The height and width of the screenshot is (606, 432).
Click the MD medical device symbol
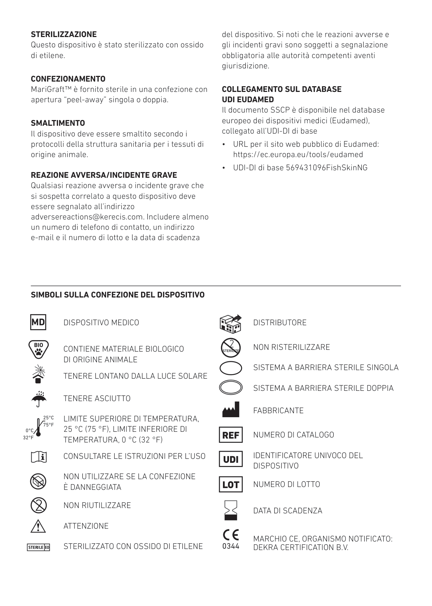(38, 322)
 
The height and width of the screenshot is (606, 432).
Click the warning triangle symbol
(38, 526)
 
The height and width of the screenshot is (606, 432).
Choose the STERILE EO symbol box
(38, 547)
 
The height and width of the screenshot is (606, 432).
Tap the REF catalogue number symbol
(231, 435)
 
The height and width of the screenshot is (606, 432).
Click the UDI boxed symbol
(231, 459)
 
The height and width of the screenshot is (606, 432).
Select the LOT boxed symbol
(231, 485)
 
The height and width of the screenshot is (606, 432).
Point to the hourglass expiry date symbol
(231, 510)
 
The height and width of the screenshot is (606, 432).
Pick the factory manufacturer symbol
(231, 410)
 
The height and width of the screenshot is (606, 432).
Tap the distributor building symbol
(230, 323)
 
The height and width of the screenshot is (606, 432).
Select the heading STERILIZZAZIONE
(64, 35)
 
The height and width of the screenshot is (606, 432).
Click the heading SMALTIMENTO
(58, 123)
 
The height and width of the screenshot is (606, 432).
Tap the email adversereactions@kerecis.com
(87, 217)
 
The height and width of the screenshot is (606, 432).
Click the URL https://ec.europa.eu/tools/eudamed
(298, 155)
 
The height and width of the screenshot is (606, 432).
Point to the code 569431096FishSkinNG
(327, 168)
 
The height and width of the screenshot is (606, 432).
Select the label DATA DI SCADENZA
(287, 511)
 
